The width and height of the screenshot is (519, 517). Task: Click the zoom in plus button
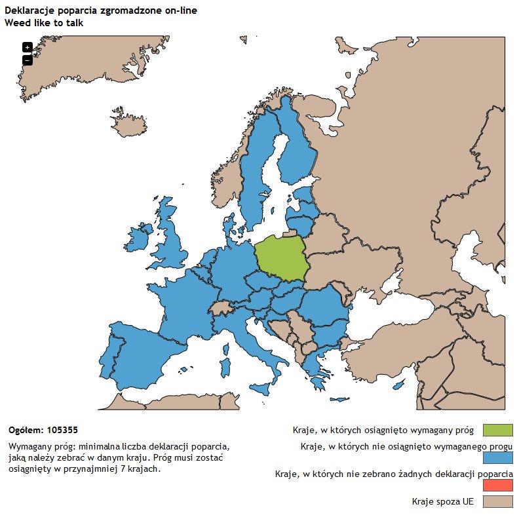(27, 47)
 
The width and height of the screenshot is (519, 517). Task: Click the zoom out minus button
(27, 60)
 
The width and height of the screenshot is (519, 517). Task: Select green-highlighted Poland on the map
(280, 258)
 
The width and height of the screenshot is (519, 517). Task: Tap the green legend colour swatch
(497, 430)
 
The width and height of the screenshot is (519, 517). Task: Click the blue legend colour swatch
(497, 458)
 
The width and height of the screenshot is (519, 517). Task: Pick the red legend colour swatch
(497, 486)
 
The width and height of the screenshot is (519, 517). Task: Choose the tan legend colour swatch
(497, 502)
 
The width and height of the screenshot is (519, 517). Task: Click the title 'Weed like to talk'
(44, 23)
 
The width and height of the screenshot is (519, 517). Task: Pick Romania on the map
(321, 308)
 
